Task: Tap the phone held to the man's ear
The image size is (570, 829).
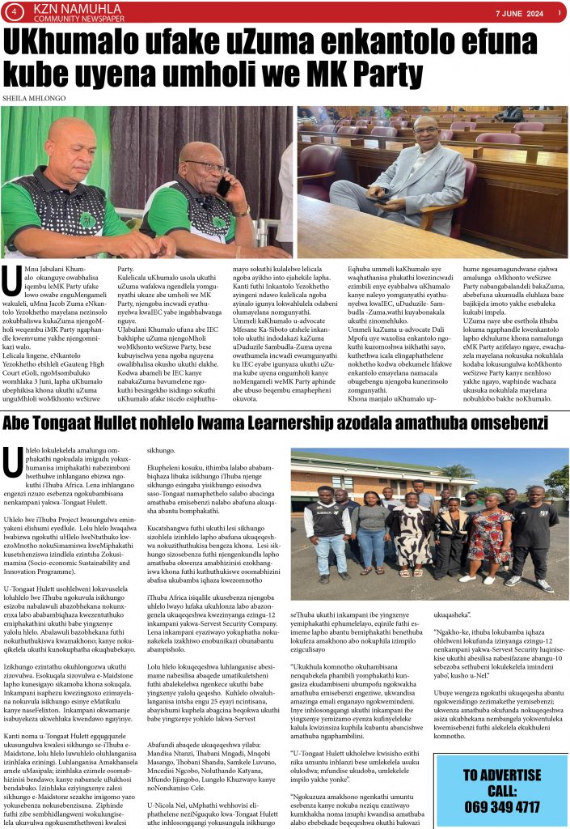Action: tap(223, 188)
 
